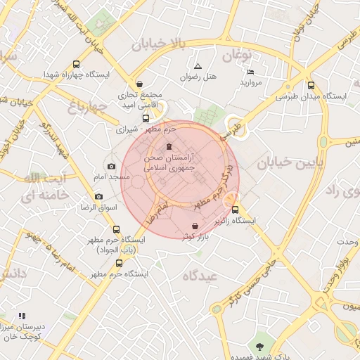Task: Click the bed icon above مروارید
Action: [x=251, y=72]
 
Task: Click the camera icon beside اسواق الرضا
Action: [x=98, y=196]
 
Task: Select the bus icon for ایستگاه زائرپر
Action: [x=235, y=210]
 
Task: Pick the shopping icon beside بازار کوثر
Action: [x=194, y=226]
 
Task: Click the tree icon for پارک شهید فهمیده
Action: [x=261, y=345]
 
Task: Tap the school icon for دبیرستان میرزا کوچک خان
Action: [x=21, y=316]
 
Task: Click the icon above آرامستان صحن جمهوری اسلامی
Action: [x=167, y=146]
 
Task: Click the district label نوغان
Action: [x=238, y=54]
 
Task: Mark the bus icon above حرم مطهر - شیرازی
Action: [x=146, y=118]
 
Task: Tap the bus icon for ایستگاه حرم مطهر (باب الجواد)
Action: [x=116, y=229]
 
